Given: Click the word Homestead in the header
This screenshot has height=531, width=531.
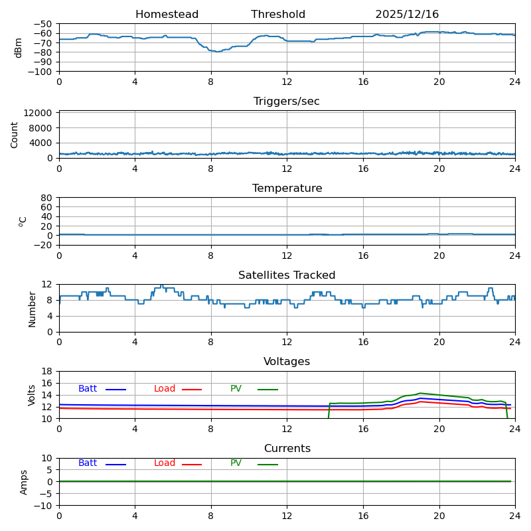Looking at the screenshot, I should tap(167, 15).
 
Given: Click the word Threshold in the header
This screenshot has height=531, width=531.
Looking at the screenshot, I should tap(278, 15).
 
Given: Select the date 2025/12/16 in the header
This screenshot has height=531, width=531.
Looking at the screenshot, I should tap(407, 15).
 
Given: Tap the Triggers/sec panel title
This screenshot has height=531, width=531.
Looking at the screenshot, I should tap(287, 102).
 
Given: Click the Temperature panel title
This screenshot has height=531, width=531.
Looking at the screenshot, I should tap(287, 189).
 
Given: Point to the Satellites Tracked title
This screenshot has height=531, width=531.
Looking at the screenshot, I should tap(287, 275).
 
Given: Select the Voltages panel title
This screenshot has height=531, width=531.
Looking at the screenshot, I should tap(287, 362).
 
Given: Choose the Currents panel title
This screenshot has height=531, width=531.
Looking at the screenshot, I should tap(287, 449).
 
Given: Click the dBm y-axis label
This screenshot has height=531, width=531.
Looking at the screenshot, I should tap(19, 48).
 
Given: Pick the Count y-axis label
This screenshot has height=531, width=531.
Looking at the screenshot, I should tap(15, 134).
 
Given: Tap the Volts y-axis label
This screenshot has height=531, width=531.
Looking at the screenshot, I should tap(32, 395).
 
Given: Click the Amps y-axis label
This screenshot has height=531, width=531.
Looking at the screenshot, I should tap(24, 482).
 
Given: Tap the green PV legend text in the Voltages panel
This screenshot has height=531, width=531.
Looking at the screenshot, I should tap(236, 389).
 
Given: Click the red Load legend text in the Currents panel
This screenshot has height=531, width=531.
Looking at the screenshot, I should tap(165, 463).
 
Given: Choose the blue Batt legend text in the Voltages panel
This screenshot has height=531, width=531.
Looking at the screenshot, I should tap(88, 389).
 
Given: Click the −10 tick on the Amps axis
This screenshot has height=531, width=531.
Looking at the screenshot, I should tap(44, 506).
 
